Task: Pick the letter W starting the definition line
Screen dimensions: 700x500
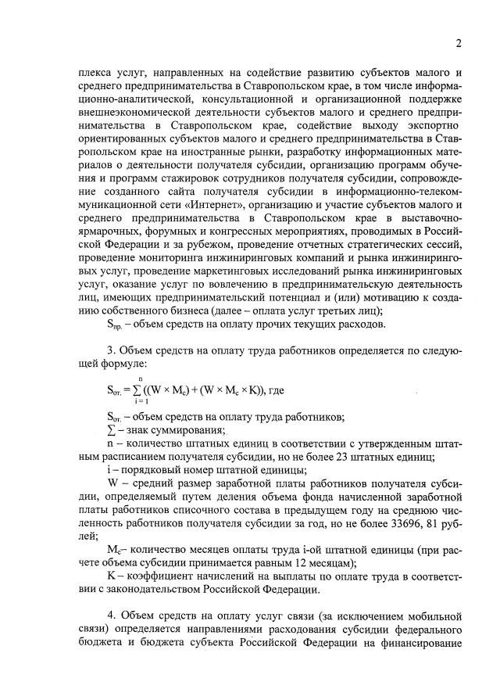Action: click(112, 483)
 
